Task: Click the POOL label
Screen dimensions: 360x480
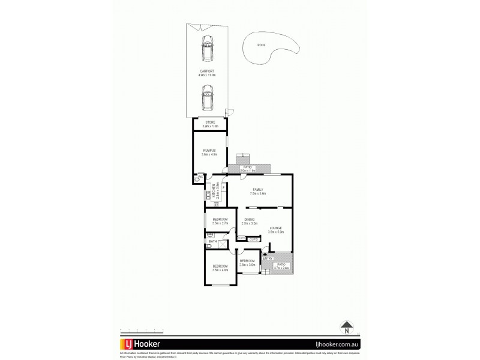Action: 261,45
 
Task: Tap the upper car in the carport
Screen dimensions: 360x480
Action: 207,48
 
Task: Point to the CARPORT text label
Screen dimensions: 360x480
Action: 207,72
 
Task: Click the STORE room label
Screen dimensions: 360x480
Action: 210,122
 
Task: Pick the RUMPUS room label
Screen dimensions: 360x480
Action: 209,151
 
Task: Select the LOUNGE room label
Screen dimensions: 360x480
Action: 276,228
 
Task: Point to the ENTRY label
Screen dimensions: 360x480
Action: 268,259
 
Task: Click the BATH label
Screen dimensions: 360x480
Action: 213,241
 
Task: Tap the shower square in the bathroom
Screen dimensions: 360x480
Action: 223,244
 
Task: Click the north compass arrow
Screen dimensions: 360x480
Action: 346,328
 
